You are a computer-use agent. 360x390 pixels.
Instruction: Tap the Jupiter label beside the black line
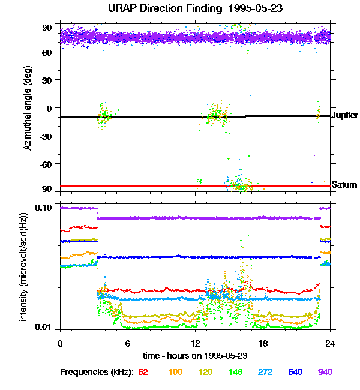344,115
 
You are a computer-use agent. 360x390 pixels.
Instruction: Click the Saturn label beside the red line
344,185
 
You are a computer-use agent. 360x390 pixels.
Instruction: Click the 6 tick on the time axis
128,343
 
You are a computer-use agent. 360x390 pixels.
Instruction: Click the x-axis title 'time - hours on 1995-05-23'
195,356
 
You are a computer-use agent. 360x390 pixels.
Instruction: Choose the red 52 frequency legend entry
143,372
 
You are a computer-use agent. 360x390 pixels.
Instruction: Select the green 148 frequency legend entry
235,372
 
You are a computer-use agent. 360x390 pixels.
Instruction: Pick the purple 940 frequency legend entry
325,372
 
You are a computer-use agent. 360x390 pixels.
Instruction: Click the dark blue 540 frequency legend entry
295,372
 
